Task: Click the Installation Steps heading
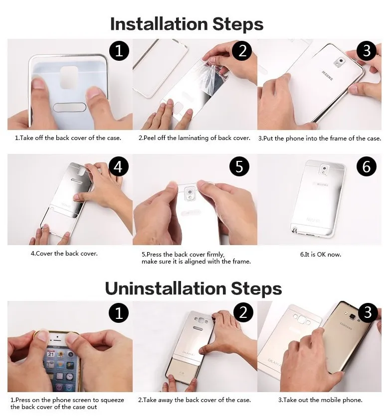coord(187,24)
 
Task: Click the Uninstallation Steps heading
coord(194,288)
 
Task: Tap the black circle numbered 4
coord(119,166)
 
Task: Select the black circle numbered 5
coord(239,166)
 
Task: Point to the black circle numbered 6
coord(367,166)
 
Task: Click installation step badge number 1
coord(119,51)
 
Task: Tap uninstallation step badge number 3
coord(368,312)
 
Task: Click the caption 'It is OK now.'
coord(321,254)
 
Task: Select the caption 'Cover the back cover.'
coord(64,253)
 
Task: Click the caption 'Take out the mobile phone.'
coord(320,400)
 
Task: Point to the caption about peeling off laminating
coord(195,138)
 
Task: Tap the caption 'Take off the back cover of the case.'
coord(68,138)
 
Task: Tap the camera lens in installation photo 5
coord(190,192)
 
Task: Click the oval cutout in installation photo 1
coord(70,108)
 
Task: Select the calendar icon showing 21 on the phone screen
coord(51,354)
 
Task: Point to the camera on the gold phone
coord(353,317)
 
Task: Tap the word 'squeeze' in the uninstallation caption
coord(112,400)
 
